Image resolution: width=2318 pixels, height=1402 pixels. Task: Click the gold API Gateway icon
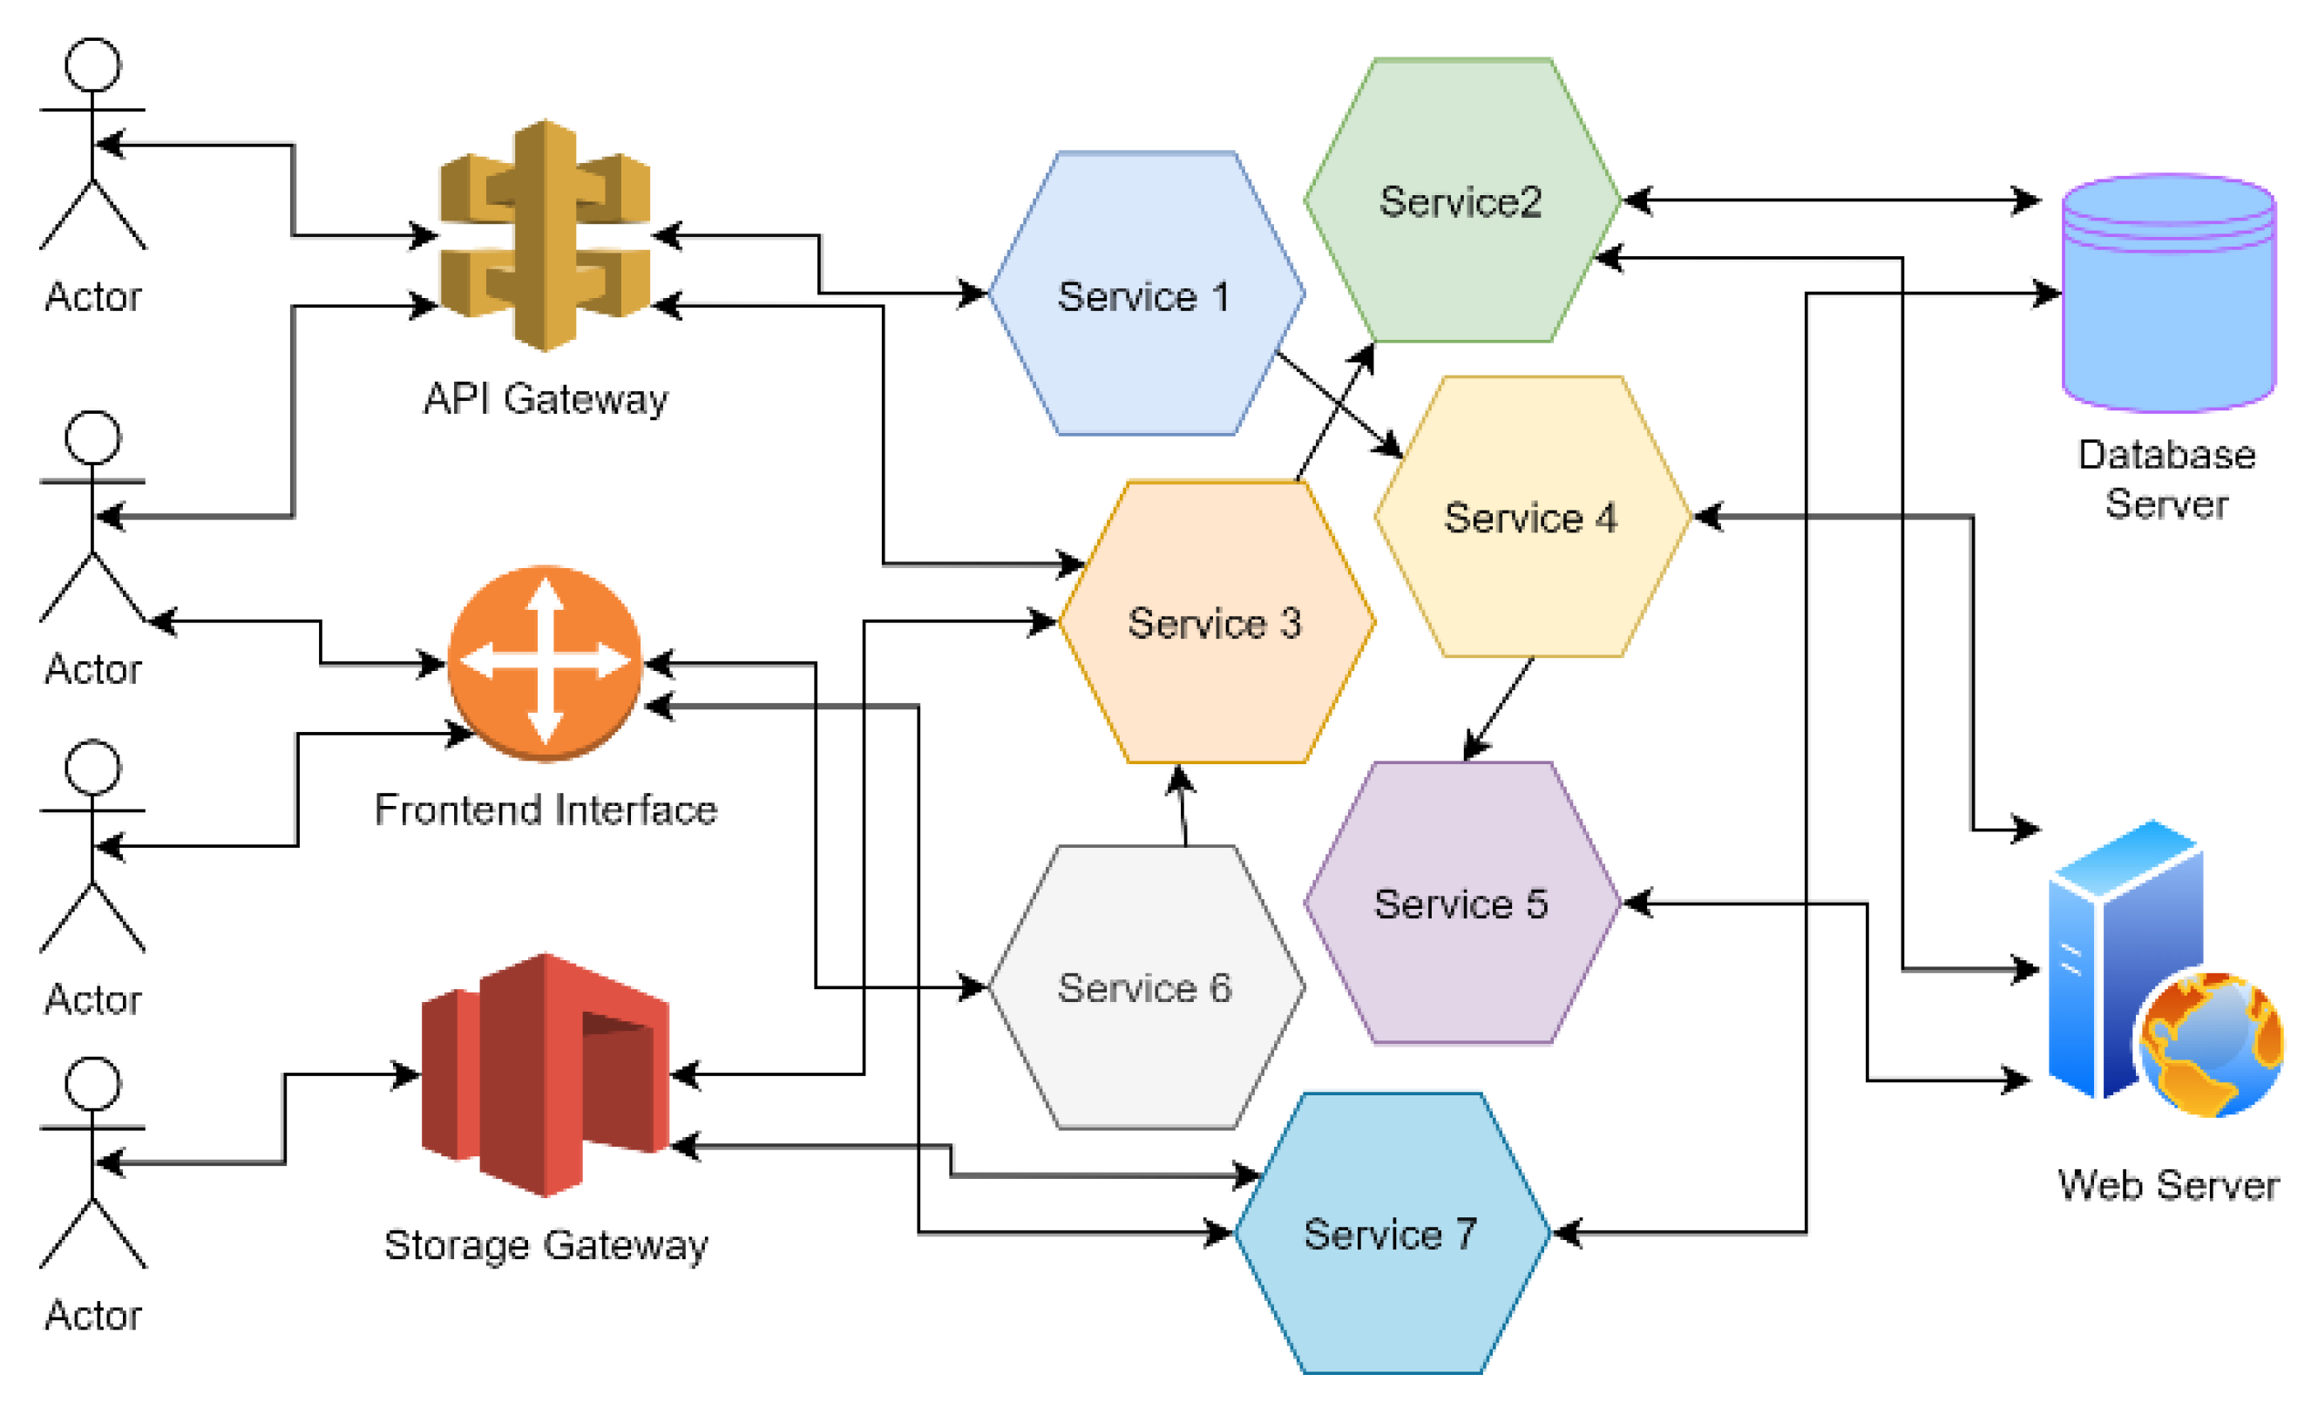pyautogui.click(x=546, y=235)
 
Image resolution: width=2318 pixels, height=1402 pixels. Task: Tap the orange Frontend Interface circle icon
pyautogui.click(x=545, y=662)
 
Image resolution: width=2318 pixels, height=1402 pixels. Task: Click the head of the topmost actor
pyautogui.click(x=92, y=64)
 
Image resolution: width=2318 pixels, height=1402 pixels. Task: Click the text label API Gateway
pyautogui.click(x=546, y=399)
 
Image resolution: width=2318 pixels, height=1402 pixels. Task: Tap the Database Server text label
pyautogui.click(x=2166, y=479)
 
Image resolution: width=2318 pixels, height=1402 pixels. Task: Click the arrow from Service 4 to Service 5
pyautogui.click(x=1499, y=708)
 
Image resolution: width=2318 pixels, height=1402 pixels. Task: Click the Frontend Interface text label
pyautogui.click(x=546, y=810)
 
